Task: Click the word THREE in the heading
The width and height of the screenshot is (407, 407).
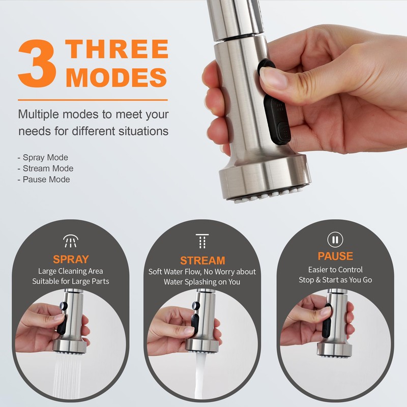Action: click(x=117, y=49)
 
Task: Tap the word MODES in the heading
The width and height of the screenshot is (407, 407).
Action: click(x=117, y=77)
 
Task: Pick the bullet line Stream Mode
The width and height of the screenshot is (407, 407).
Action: click(x=45, y=168)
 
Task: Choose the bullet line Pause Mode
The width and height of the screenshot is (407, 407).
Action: click(x=44, y=180)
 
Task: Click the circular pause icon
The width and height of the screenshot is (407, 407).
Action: click(x=335, y=239)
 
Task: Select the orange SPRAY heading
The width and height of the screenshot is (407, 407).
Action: click(x=71, y=259)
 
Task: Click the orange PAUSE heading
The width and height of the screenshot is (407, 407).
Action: click(x=335, y=256)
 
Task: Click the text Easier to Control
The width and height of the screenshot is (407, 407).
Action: click(x=335, y=270)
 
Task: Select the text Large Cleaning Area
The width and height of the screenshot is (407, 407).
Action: click(x=71, y=271)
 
